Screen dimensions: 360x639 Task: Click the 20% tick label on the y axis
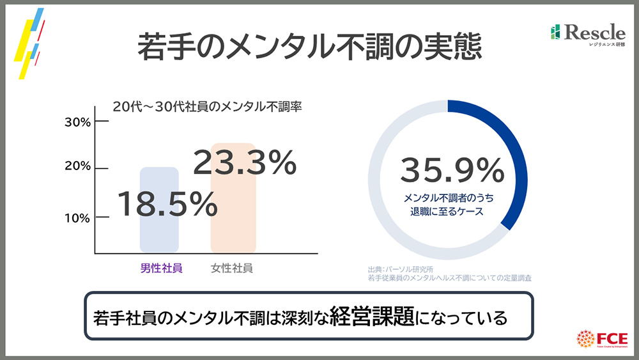(x=77, y=168)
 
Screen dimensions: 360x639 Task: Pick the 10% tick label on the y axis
(x=77, y=217)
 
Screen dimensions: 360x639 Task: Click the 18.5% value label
(x=167, y=204)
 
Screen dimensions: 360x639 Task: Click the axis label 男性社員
(x=162, y=269)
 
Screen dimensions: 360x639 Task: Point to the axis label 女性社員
(x=232, y=269)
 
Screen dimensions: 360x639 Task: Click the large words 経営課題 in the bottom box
(x=372, y=317)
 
